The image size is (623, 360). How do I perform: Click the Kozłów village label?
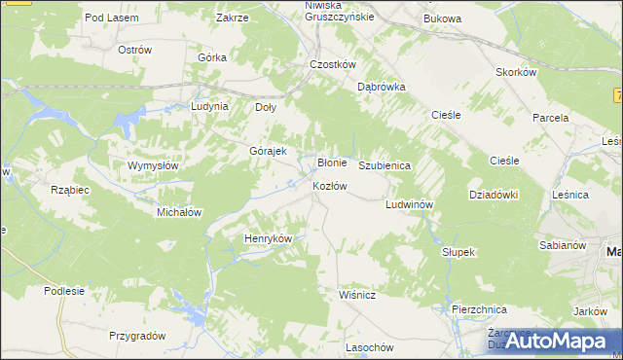click(329, 186)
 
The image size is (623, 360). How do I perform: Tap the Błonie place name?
click(333, 162)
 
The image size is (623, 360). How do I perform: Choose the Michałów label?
click(179, 211)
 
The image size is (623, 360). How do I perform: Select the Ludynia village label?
click(209, 106)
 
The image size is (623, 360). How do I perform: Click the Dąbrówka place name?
click(381, 87)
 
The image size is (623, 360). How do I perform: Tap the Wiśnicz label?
click(357, 292)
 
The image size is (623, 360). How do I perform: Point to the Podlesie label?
click(64, 290)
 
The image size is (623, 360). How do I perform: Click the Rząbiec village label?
click(70, 190)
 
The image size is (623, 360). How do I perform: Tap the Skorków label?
click(517, 73)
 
